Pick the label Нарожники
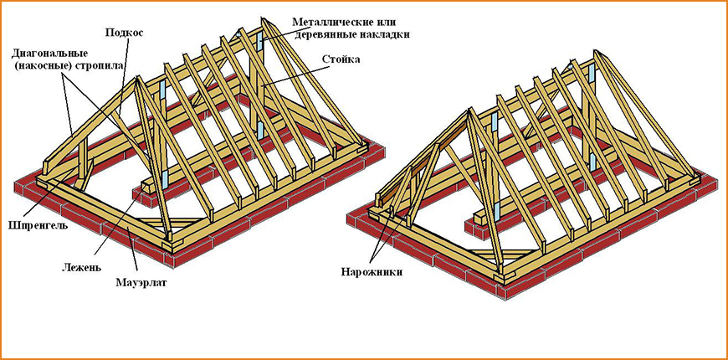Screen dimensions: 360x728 [371, 272]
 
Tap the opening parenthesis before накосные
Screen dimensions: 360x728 [16, 64]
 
